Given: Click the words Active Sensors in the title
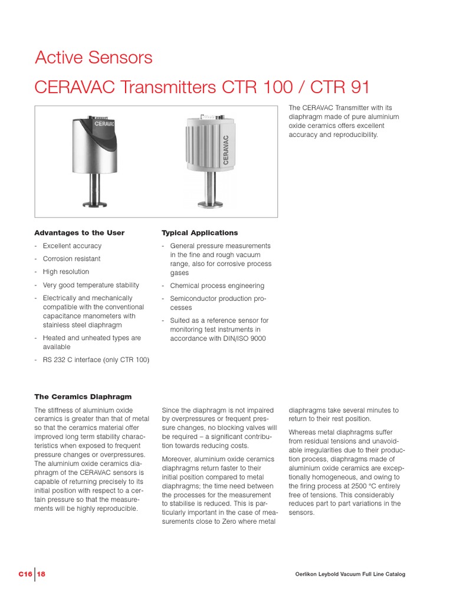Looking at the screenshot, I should tap(93, 58).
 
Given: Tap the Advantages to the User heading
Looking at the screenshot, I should tap(79, 233).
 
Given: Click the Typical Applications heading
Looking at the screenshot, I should tap(199, 233).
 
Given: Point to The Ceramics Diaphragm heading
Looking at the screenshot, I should tap(83, 397).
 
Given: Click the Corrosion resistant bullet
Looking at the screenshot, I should tap(71, 259).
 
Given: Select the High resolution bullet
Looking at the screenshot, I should tap(65, 272).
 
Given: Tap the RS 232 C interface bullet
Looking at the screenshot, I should tap(96, 360).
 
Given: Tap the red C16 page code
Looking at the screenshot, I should tap(25, 575).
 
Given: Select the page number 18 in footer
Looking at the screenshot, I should tap(41, 575).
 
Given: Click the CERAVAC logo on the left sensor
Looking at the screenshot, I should tap(104, 124).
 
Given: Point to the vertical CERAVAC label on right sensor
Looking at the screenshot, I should tap(225, 152).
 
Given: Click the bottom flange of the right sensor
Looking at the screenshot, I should tap(209, 205).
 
